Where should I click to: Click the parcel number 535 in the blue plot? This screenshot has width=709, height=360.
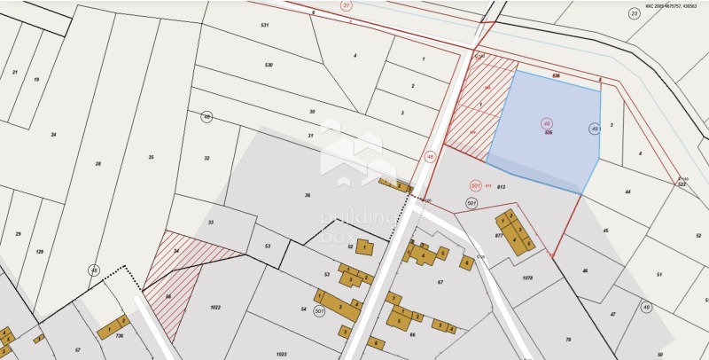pos(549,132)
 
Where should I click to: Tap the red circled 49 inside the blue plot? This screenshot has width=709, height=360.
pos(547,123)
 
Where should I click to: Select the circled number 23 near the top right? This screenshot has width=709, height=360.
pos(634,13)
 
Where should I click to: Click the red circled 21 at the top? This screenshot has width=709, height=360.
pos(346,5)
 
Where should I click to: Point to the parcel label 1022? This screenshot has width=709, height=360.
pos(214,308)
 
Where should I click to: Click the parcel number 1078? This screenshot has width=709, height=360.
pos(528,278)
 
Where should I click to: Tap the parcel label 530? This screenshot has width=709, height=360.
pos(268,65)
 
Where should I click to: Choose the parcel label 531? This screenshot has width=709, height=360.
pos(264,25)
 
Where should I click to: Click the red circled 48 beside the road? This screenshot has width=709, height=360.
pos(431,156)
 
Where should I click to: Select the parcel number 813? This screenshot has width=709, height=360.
pos(501,187)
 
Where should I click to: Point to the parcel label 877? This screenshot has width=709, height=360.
pos(499,237)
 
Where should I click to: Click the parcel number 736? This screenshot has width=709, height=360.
pos(119,336)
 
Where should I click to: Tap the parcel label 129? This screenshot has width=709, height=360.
pos(39,252)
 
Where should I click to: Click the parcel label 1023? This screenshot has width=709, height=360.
pos(281,354)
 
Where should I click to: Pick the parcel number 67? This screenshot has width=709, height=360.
pos(440,282)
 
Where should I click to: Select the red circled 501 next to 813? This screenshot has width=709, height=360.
pos(476,185)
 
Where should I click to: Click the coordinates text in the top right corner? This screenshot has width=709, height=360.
pos(670,4)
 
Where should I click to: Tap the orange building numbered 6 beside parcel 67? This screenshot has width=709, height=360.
pos(466,262)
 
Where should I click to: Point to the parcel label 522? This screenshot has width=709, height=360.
pos(682,184)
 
